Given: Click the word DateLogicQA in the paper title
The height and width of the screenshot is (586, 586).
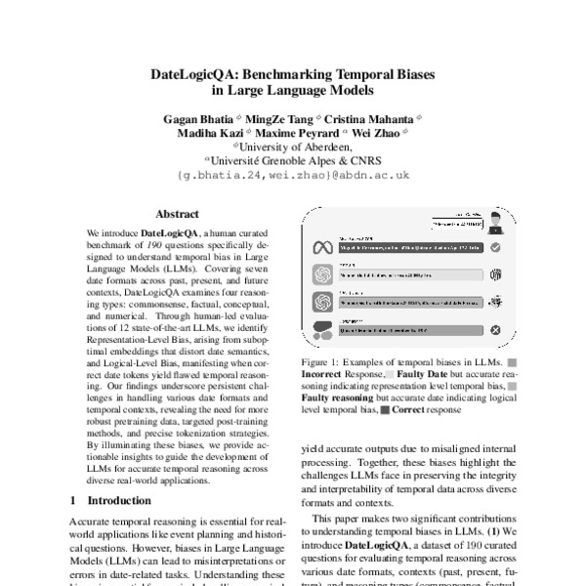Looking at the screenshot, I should (x=199, y=73).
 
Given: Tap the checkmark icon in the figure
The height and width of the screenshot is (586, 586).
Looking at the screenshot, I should (x=496, y=248).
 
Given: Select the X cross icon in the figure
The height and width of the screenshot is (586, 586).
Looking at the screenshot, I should (x=496, y=330).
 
